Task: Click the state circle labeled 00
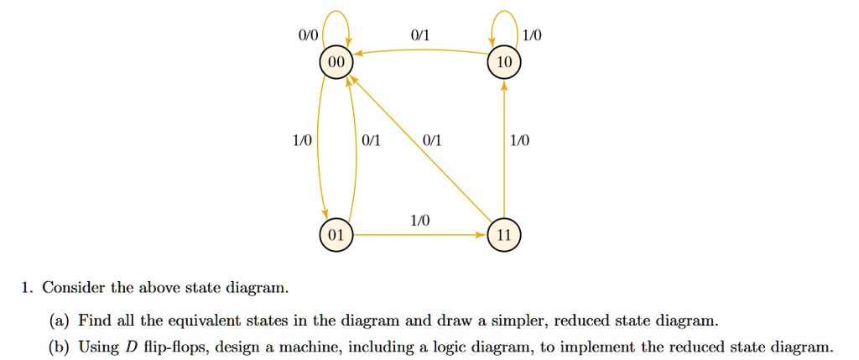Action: pyautogui.click(x=336, y=64)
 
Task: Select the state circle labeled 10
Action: pyautogui.click(x=504, y=64)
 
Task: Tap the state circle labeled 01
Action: pyautogui.click(x=336, y=235)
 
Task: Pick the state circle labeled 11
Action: pyautogui.click(x=504, y=235)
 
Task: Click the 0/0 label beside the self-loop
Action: pyautogui.click(x=308, y=36)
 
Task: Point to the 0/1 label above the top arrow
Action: pyautogui.click(x=419, y=36)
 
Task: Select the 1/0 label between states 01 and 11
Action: pyautogui.click(x=419, y=220)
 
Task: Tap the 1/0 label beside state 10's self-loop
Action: pyautogui.click(x=532, y=36)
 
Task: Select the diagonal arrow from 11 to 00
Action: pyautogui.click(x=419, y=149)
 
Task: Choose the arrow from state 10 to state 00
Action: pyautogui.click(x=419, y=51)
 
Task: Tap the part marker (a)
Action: pyautogui.click(x=61, y=321)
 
